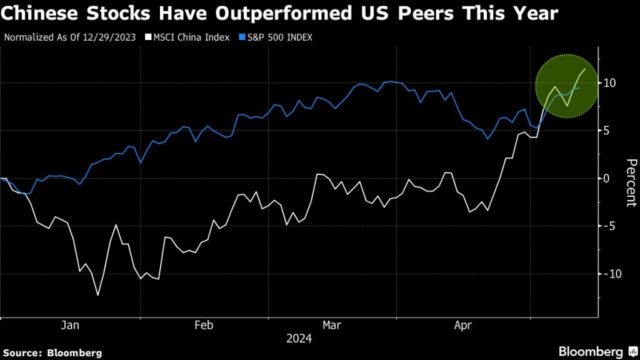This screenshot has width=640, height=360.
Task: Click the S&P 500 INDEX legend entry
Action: point(279,37)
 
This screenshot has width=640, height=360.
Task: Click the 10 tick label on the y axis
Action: point(610,83)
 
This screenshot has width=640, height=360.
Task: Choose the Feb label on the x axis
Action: point(204,325)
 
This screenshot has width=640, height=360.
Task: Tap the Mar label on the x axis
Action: point(332,325)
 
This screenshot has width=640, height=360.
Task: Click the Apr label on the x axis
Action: point(463,325)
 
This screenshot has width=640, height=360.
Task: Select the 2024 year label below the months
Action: point(298,339)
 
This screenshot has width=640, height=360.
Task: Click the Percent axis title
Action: point(631,183)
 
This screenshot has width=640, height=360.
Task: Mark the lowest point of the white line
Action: point(98,294)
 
